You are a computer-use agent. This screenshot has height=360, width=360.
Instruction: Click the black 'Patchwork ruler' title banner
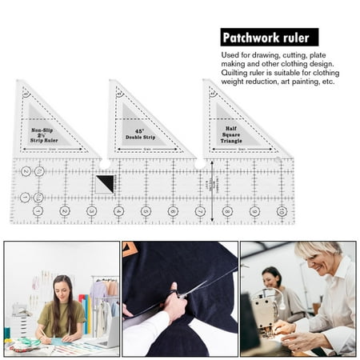(x=269, y=37)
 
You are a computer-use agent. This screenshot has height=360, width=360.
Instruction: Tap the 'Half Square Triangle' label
(x=233, y=134)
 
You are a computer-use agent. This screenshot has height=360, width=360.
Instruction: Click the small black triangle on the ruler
(x=106, y=184)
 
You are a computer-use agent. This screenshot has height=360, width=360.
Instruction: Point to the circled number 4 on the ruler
(x=119, y=211)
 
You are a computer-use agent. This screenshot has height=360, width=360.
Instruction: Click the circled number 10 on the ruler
(x=282, y=211)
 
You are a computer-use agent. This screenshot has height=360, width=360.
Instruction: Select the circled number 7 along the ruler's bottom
(x=200, y=211)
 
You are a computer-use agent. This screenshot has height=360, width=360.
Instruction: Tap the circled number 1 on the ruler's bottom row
(x=38, y=211)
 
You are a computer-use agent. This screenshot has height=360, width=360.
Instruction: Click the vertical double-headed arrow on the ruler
(x=212, y=190)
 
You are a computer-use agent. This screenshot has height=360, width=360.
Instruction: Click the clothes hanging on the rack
(x=102, y=300)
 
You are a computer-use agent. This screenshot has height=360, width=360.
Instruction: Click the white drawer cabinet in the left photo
(x=19, y=324)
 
